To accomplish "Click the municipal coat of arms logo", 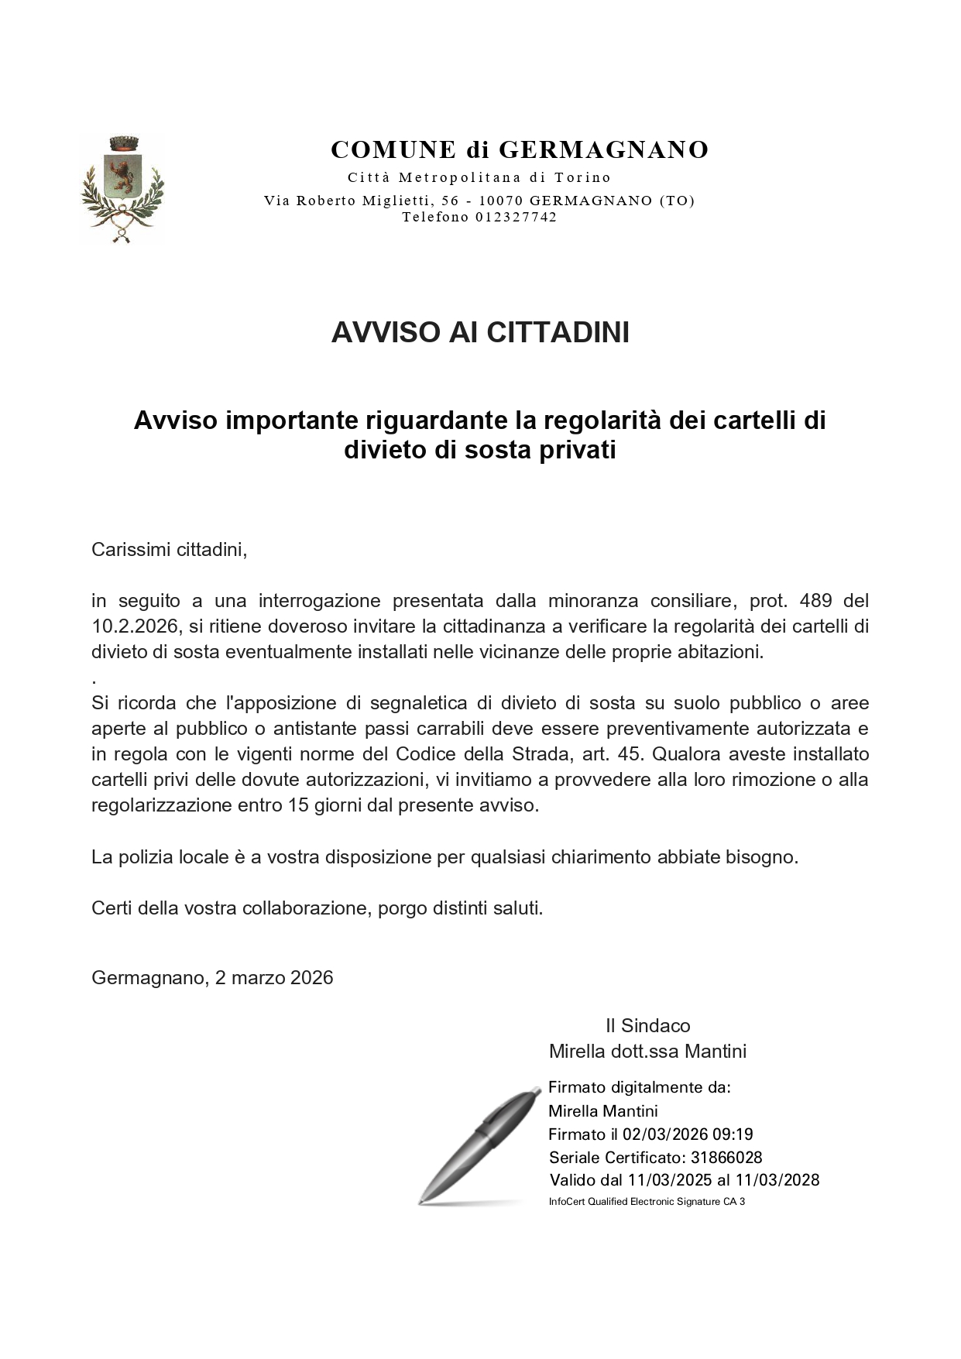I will point(122,189).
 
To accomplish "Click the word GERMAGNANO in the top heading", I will point(603,149).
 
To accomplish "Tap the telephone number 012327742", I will point(517,218).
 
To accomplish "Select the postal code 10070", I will point(499,201).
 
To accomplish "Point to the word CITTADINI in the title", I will point(558,332).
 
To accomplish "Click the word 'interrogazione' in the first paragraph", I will point(319,601).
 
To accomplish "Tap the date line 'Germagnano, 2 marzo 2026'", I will point(212,978).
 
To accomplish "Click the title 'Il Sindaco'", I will point(647,1026).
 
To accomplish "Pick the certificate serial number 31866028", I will point(726,1158).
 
